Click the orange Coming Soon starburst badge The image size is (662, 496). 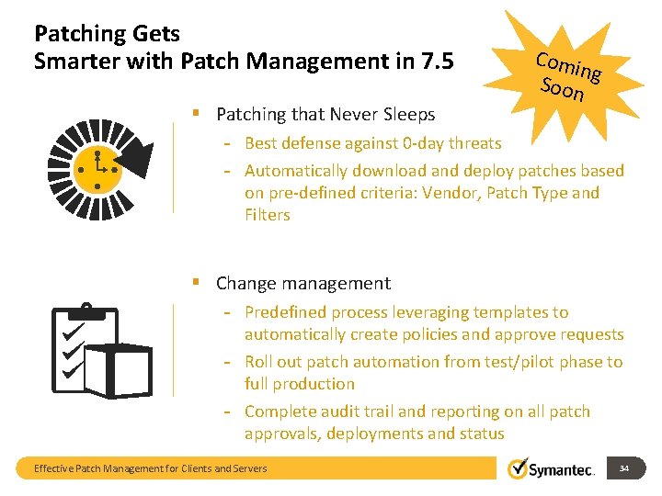[568, 75]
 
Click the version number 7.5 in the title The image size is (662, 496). [438, 62]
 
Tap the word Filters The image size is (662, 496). [268, 215]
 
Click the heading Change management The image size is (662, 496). [302, 284]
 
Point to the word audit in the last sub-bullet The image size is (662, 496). [341, 411]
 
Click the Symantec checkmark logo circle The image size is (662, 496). [518, 468]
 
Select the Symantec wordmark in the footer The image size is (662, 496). [562, 470]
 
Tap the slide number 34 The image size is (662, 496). [624, 468]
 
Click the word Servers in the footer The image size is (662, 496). [247, 468]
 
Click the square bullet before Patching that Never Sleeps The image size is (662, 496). [197, 114]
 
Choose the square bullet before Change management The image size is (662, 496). [197, 283]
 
